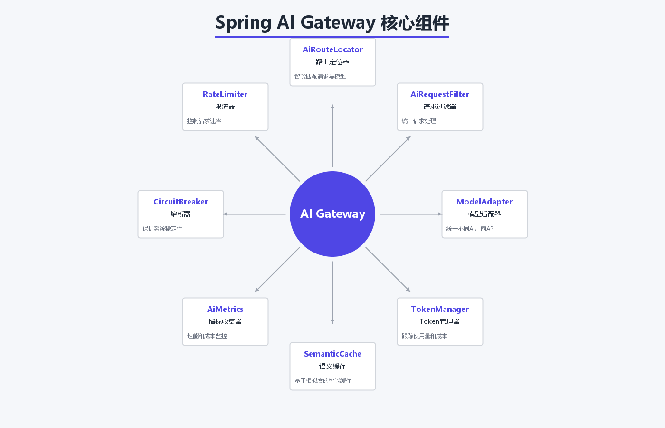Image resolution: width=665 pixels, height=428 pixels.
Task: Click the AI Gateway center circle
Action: (x=332, y=214)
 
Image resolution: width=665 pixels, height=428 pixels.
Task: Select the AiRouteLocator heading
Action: (x=332, y=49)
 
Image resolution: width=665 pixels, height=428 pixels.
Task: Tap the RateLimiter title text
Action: (x=225, y=94)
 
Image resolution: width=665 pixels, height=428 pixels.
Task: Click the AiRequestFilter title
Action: (x=440, y=94)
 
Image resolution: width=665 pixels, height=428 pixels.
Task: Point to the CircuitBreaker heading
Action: (x=180, y=202)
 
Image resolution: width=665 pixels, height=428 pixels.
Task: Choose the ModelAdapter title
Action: (x=484, y=202)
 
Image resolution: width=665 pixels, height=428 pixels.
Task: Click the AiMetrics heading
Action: (x=225, y=309)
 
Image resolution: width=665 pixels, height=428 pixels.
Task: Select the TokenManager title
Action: (x=440, y=309)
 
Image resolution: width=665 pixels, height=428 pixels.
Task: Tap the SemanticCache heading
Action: (x=332, y=354)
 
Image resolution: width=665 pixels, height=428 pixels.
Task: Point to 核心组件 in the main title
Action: (x=415, y=23)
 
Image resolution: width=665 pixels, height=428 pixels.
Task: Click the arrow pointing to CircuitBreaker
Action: (x=254, y=214)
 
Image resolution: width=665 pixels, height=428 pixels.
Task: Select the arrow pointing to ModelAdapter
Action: (x=411, y=214)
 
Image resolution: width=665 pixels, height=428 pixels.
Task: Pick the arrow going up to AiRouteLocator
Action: (x=332, y=136)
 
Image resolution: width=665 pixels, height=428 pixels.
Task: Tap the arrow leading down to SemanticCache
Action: (x=332, y=292)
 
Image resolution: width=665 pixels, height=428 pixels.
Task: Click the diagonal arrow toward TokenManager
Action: (x=388, y=270)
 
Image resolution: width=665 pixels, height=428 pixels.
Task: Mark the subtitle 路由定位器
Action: (x=332, y=62)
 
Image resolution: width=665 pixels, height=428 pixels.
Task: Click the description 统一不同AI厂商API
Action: (x=471, y=229)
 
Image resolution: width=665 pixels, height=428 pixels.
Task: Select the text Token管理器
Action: (x=440, y=321)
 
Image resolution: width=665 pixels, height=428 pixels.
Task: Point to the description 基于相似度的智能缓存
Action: (x=323, y=381)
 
